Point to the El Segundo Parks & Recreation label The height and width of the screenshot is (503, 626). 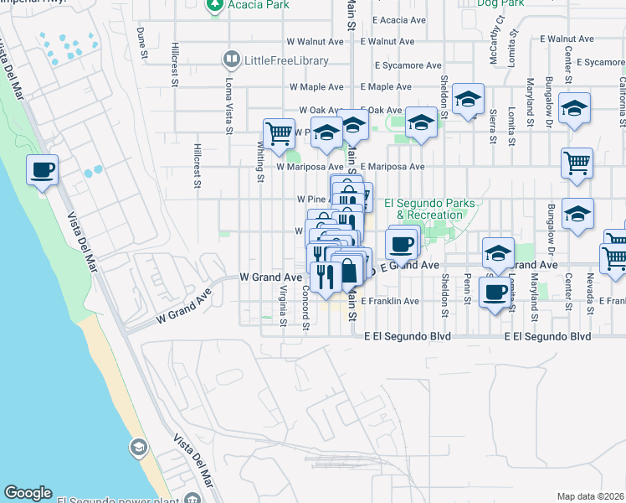click(x=423, y=209)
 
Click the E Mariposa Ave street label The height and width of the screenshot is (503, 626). click(x=393, y=167)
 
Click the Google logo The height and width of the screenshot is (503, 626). click(x=28, y=493)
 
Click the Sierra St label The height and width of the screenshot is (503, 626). click(x=493, y=126)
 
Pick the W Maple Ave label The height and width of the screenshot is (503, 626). click(x=316, y=86)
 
